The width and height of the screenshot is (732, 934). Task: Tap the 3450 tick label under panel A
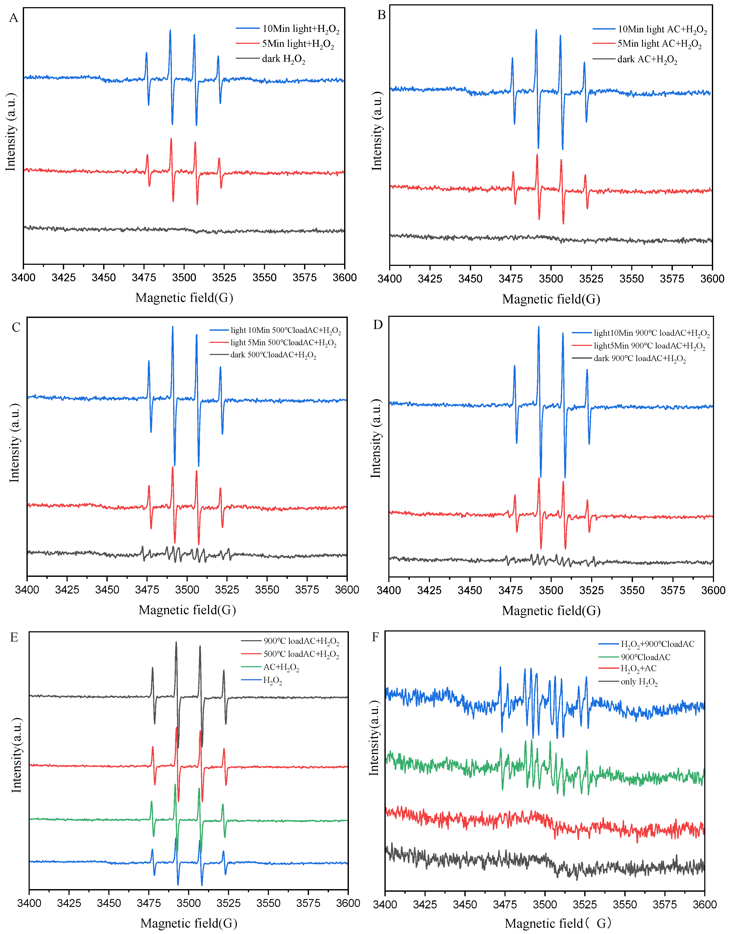[x=104, y=277]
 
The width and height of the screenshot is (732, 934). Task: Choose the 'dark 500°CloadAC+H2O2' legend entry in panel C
[x=273, y=355]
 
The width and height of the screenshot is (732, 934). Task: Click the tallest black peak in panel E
[x=176, y=643]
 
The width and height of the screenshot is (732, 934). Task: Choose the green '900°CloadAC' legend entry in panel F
[x=645, y=657]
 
